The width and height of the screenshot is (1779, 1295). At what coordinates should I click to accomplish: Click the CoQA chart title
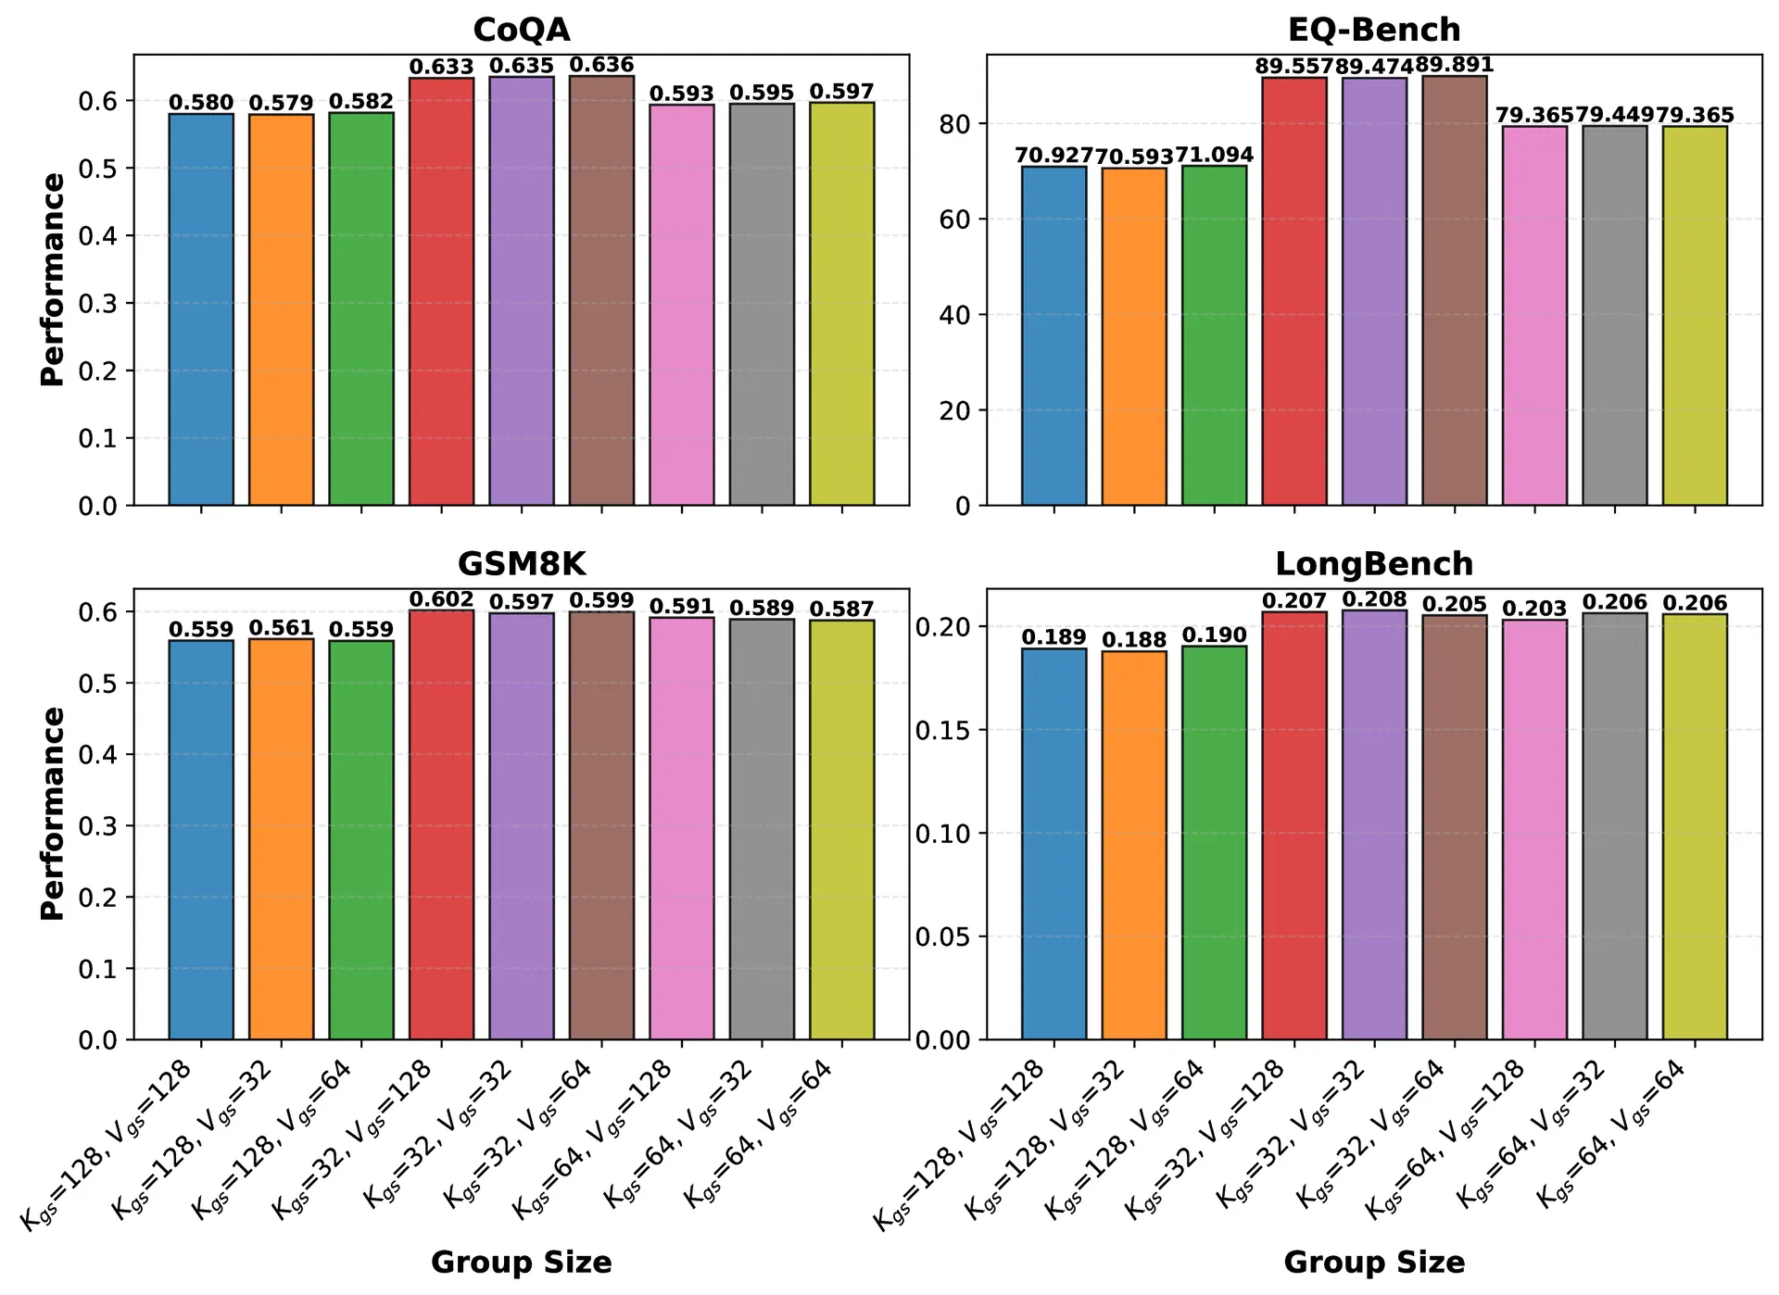click(521, 30)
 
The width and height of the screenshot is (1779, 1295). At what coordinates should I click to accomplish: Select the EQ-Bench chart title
click(1373, 30)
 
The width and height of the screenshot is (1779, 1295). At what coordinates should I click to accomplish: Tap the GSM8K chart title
click(521, 564)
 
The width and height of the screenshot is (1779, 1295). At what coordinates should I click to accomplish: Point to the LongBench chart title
click(1373, 564)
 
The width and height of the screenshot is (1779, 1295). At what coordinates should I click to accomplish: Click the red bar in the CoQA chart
click(441, 292)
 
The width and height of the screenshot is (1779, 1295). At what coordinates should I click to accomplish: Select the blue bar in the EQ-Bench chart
click(1054, 336)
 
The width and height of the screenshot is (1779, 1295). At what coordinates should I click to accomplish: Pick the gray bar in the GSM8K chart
click(762, 829)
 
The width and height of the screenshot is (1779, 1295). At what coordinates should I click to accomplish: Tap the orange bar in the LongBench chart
click(1134, 845)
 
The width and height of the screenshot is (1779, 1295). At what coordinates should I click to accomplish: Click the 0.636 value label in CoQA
click(601, 65)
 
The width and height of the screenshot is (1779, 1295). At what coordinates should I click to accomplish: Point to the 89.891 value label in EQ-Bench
click(1455, 65)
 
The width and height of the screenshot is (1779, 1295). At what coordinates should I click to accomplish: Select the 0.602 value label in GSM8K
click(441, 599)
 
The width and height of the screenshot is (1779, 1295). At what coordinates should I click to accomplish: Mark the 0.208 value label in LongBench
click(1374, 599)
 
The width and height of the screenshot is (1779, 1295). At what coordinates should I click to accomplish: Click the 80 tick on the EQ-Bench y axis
click(955, 124)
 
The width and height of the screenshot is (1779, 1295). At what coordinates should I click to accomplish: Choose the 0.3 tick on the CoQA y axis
click(99, 304)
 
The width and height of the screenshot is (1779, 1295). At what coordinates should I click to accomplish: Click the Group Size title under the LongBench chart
click(1373, 1262)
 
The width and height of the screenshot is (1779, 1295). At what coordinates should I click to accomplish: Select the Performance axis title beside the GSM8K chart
click(53, 813)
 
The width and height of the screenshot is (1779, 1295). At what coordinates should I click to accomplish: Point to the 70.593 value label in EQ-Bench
click(1134, 157)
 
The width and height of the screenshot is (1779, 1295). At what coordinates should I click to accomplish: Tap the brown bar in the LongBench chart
click(1455, 827)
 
